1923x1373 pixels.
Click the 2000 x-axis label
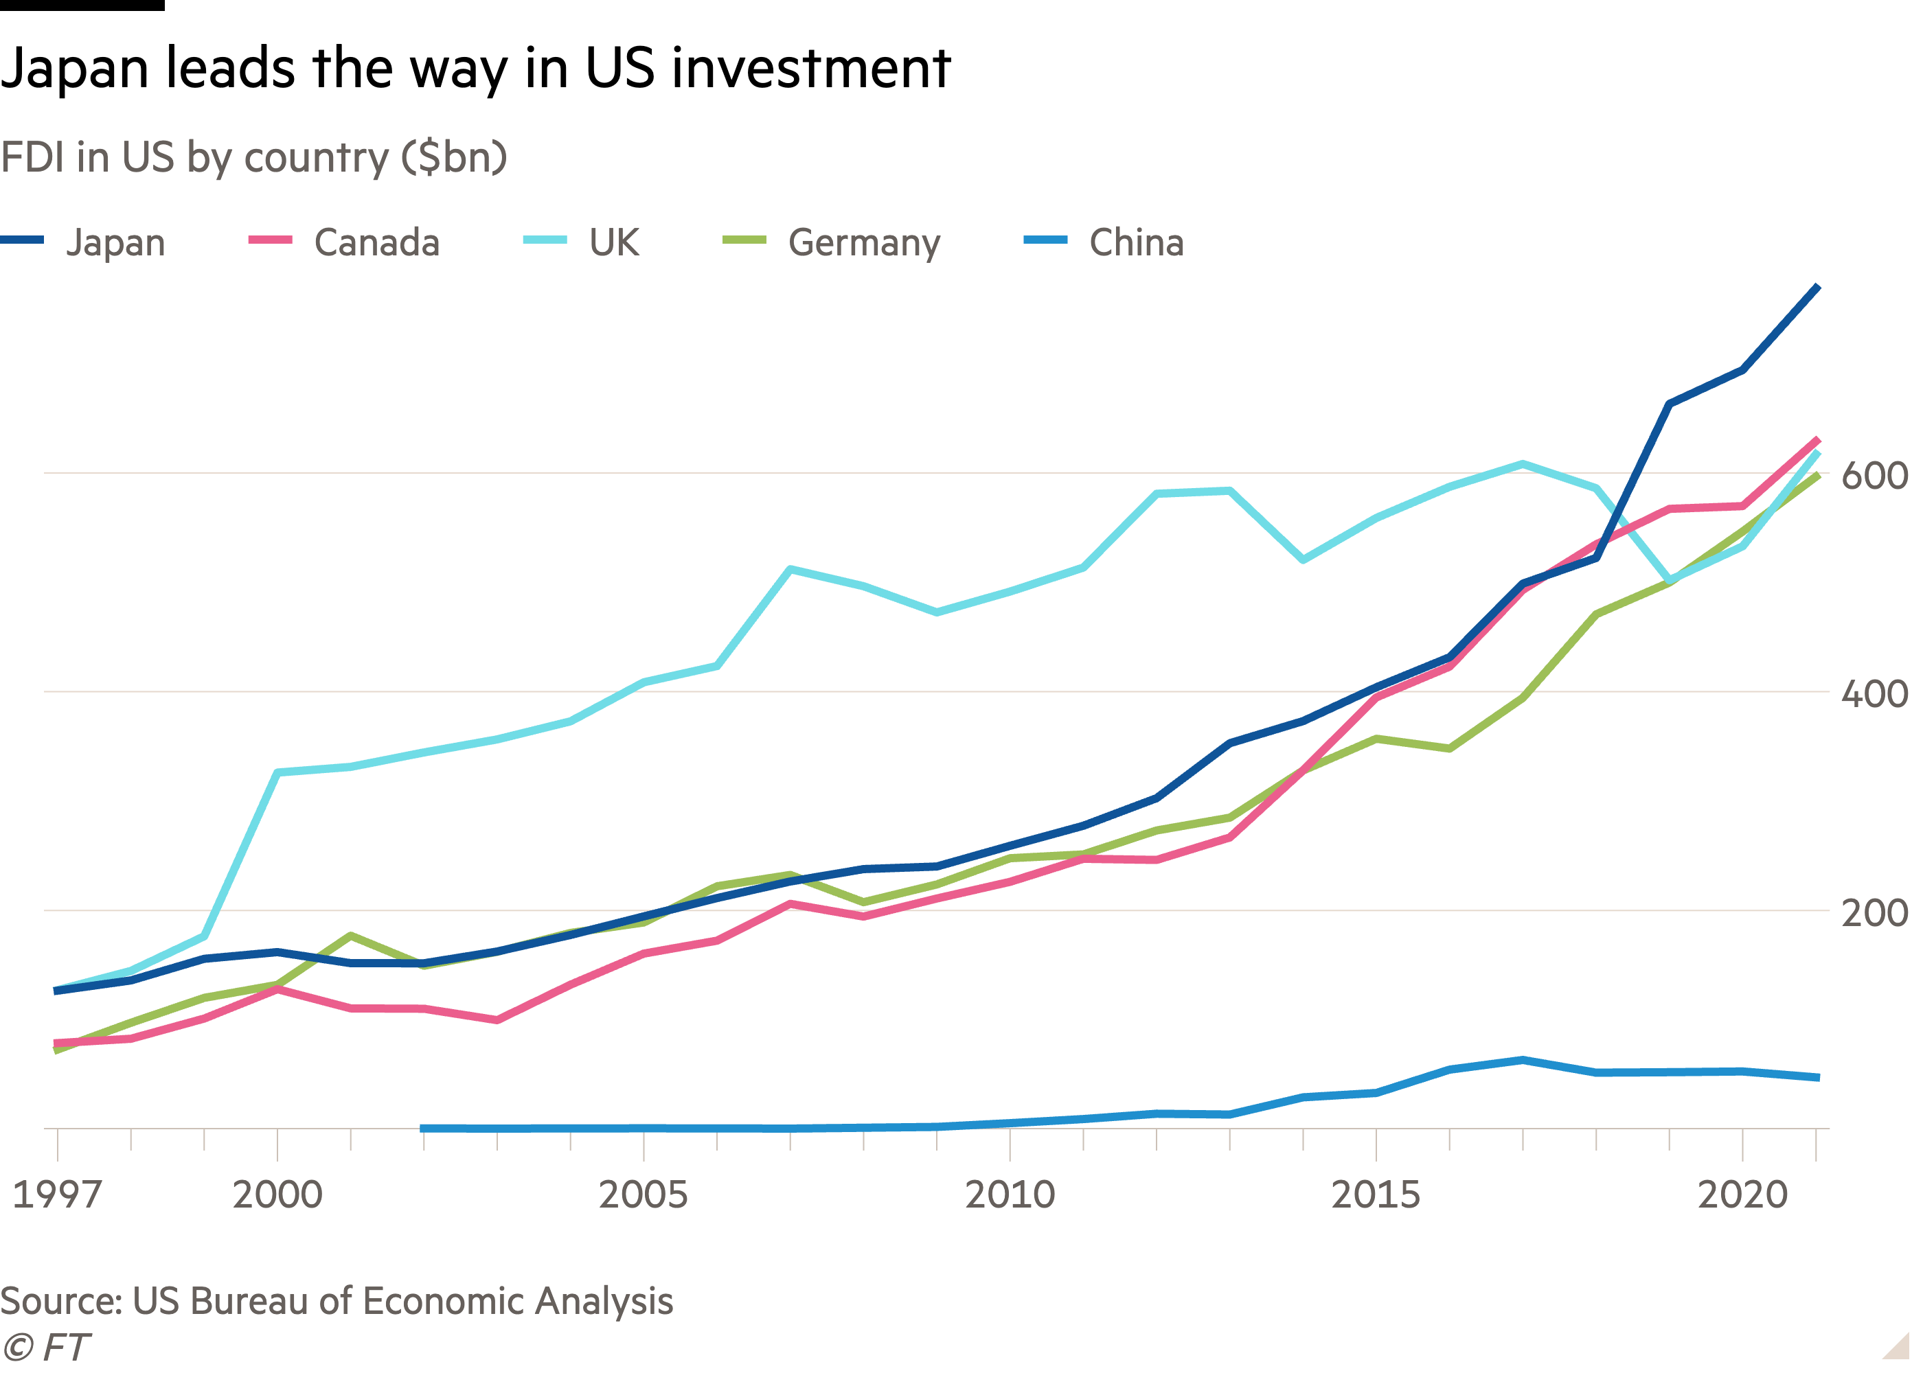[x=277, y=1195]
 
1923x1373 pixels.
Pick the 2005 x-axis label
[x=644, y=1195]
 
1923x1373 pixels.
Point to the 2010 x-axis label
[x=1010, y=1195]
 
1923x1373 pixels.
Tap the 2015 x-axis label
[x=1376, y=1195]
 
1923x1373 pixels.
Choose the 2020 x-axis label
[x=1742, y=1195]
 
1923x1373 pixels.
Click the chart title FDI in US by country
[x=253, y=157]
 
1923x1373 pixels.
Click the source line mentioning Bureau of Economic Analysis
[x=337, y=1301]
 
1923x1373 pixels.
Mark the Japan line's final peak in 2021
[x=1818, y=288]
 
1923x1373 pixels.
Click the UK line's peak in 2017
[x=1522, y=463]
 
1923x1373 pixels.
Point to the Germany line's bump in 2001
[x=350, y=936]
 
